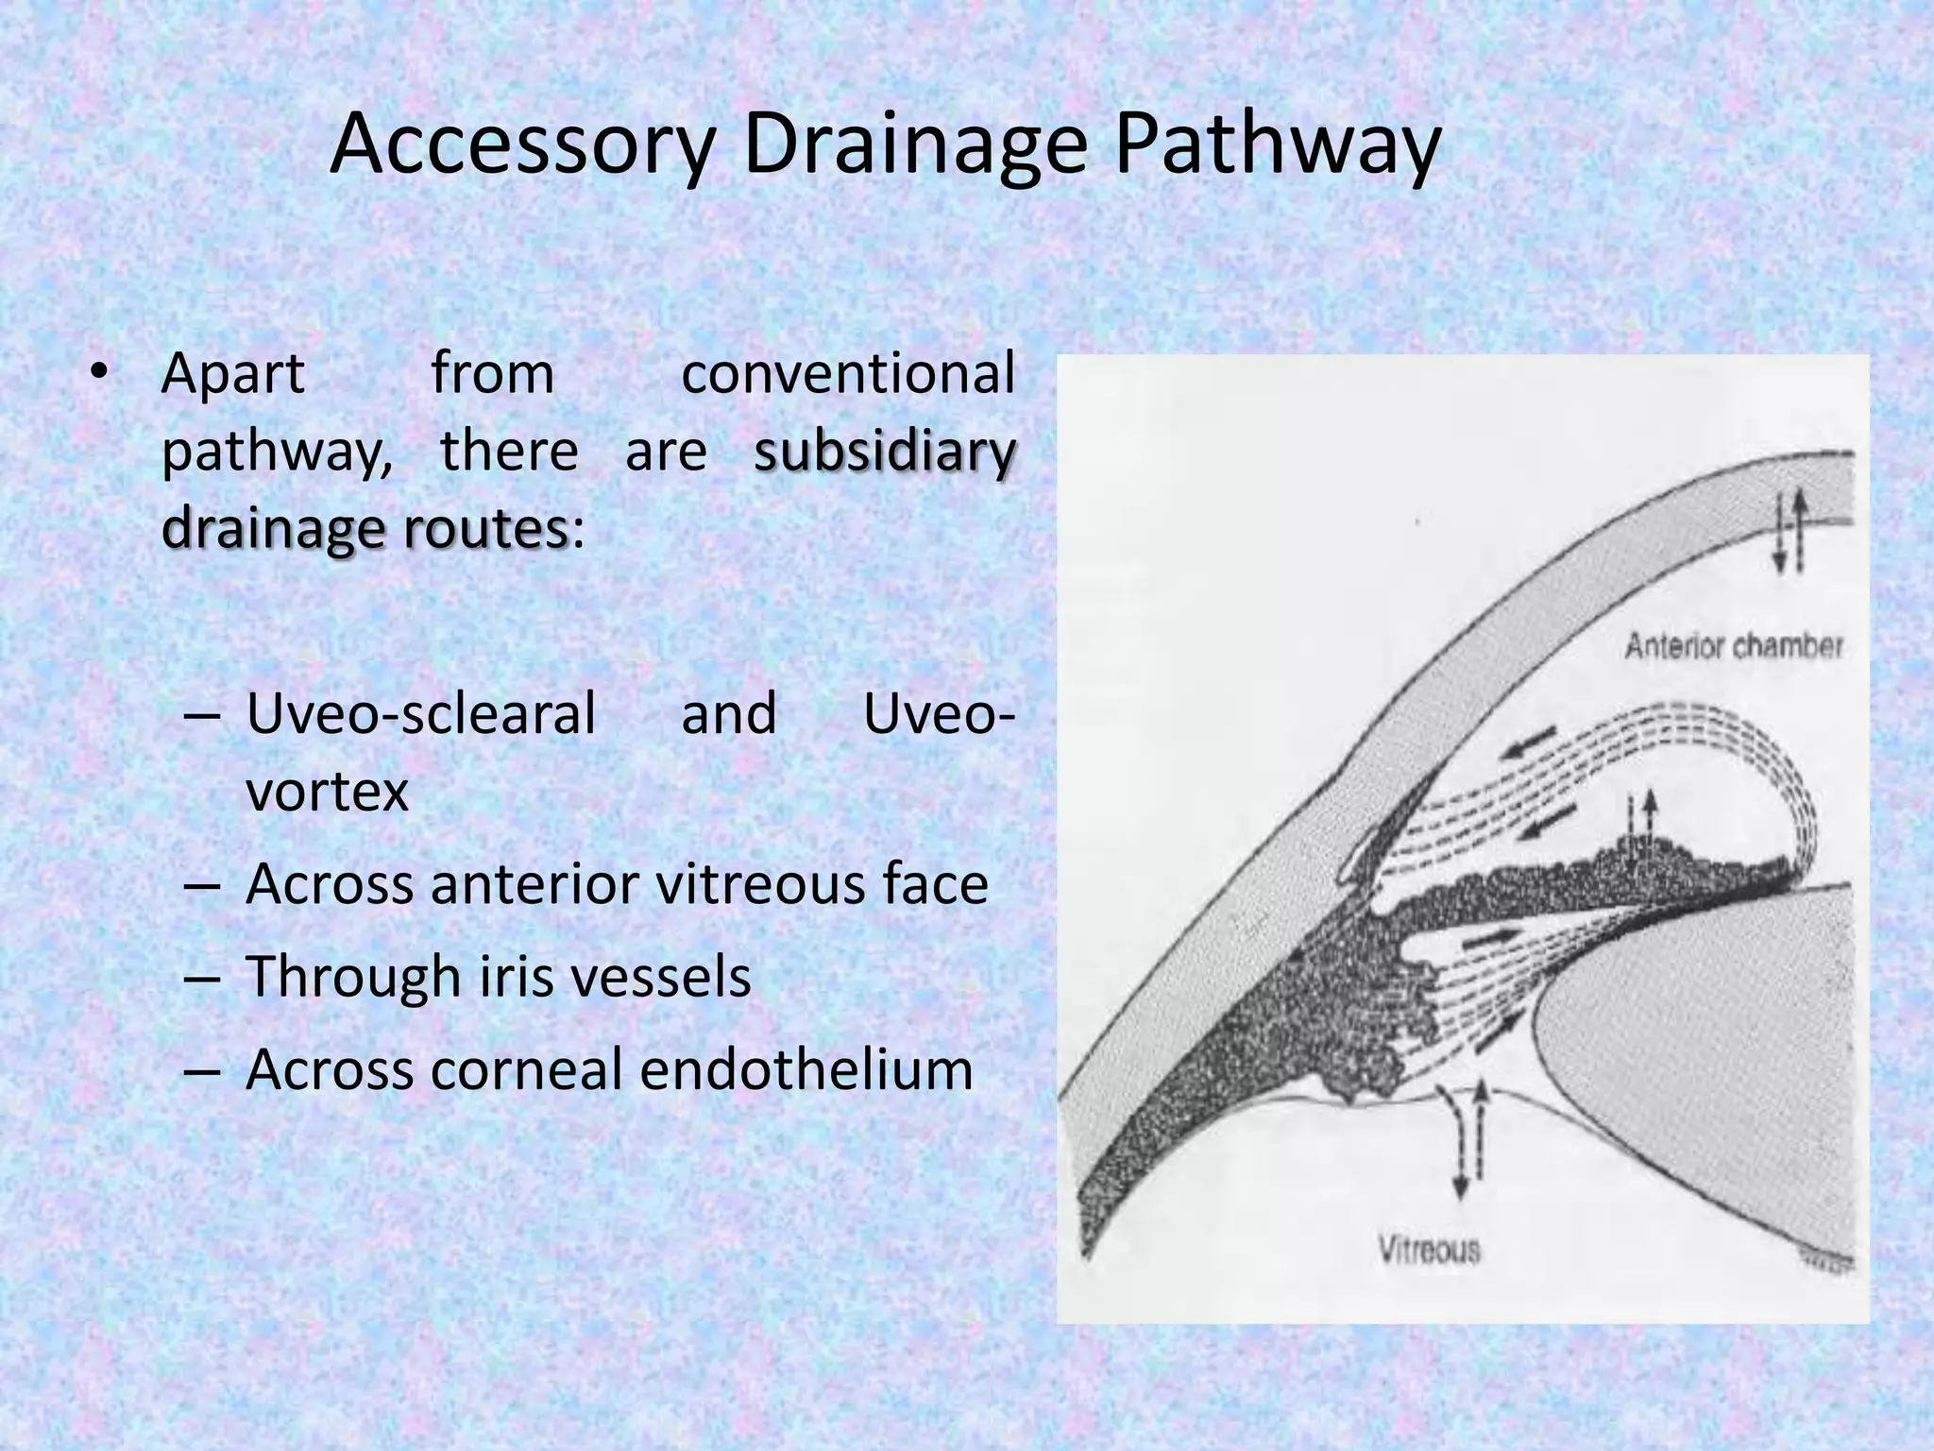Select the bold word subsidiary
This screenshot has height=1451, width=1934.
coord(885,452)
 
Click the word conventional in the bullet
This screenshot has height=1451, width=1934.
coord(847,373)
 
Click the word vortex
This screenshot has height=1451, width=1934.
coord(327,792)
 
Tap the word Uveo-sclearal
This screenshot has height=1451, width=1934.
coord(420,713)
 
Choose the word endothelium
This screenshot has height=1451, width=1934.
coord(806,1069)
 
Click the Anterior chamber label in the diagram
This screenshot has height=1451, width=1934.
coord(1734,646)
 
